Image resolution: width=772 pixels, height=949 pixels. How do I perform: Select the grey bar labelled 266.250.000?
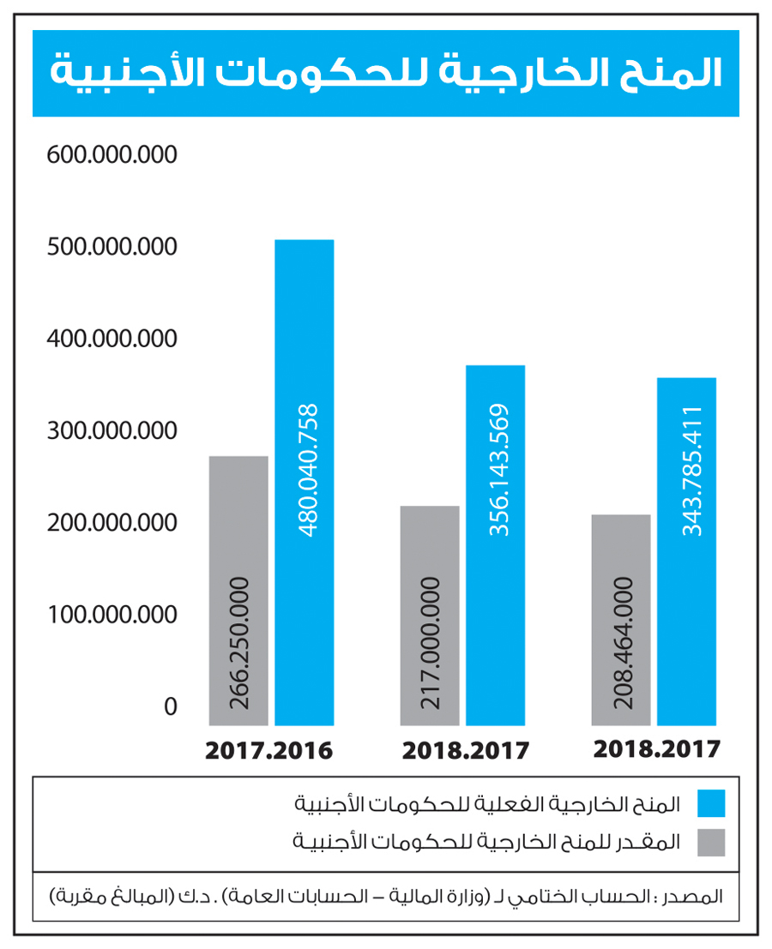coord(238,591)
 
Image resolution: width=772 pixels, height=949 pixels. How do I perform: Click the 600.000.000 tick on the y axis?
coord(112,155)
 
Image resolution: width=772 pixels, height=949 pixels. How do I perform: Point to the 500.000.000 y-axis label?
coord(112,247)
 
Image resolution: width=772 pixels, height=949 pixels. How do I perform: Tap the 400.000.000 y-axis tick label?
coord(112,339)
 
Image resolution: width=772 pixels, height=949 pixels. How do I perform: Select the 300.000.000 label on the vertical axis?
coord(112,430)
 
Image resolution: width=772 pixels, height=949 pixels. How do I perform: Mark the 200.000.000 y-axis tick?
coord(112,523)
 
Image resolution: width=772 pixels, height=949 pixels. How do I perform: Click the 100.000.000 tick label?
coord(112,615)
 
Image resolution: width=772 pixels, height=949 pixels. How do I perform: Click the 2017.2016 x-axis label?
coord(268,751)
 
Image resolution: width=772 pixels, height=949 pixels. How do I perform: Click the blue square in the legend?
coord(711,803)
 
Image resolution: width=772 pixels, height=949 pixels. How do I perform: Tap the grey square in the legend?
coord(711,842)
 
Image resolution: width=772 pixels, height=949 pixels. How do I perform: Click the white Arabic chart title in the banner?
coord(386,73)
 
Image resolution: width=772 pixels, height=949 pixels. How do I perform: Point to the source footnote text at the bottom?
coord(386,897)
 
